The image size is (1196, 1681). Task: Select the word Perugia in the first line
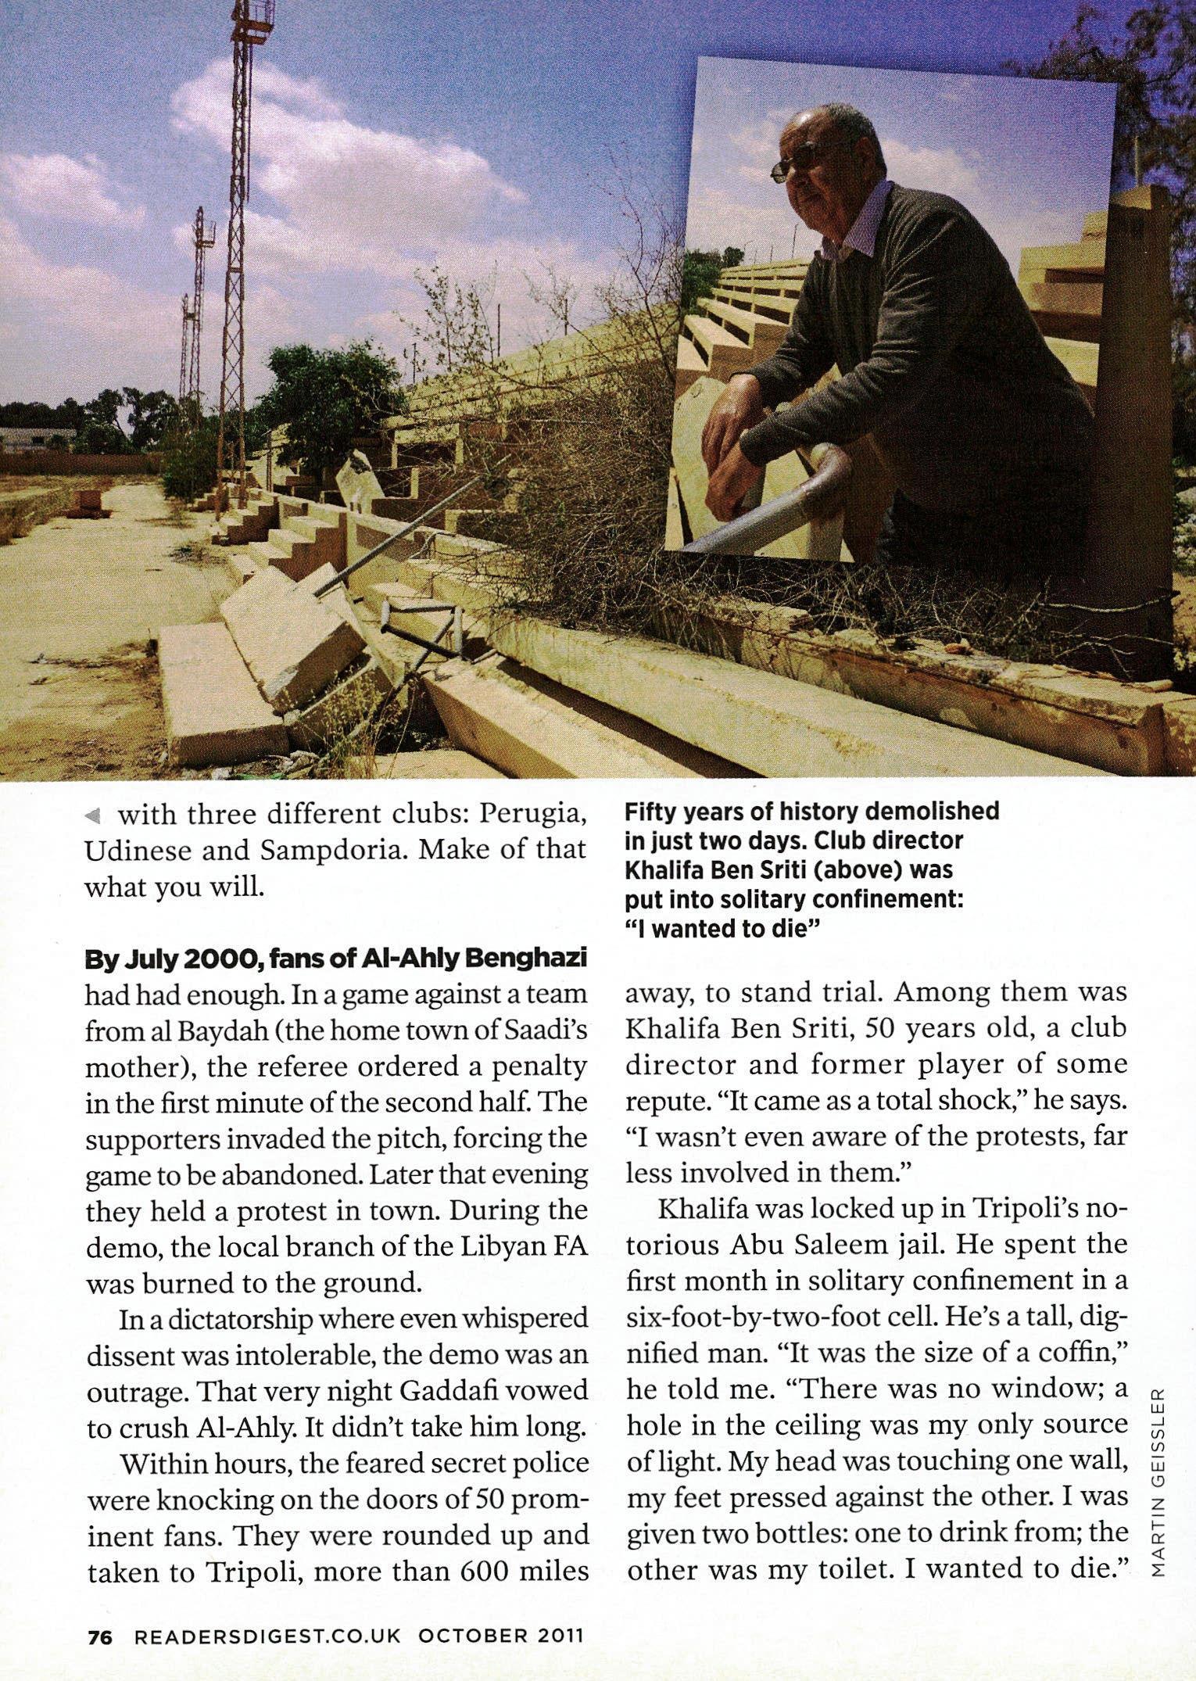tap(533, 815)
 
